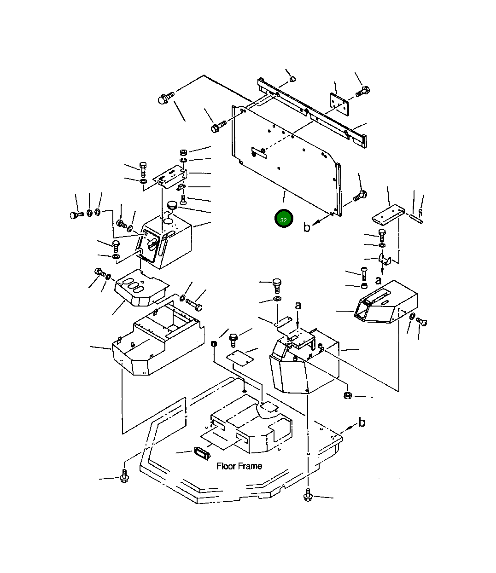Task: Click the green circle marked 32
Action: pyautogui.click(x=283, y=220)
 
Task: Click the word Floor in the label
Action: pyautogui.click(x=226, y=466)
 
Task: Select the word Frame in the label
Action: pyautogui.click(x=250, y=466)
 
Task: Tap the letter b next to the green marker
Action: pyautogui.click(x=307, y=227)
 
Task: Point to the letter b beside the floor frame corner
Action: pyautogui.click(x=362, y=422)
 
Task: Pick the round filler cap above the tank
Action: pyautogui.click(x=173, y=205)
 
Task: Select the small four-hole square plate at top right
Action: pyautogui.click(x=338, y=104)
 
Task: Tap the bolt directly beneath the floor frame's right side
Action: pyautogui.click(x=308, y=496)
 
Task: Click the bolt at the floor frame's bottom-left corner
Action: pyautogui.click(x=124, y=476)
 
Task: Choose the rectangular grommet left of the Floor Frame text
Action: pyautogui.click(x=201, y=453)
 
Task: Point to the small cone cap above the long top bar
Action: pyautogui.click(x=292, y=80)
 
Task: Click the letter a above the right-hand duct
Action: pyautogui.click(x=378, y=280)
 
